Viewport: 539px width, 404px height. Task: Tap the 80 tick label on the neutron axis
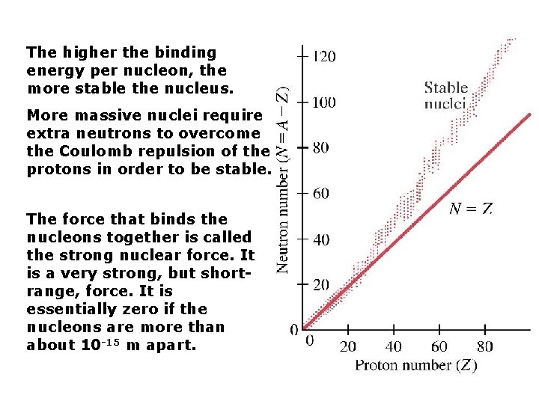point(320,148)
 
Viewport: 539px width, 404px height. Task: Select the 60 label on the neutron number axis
point(320,194)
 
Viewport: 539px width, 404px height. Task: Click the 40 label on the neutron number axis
point(320,239)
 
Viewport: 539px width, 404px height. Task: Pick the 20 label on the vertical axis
point(320,285)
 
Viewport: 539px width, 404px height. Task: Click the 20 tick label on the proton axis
point(348,346)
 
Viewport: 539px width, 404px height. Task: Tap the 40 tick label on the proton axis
point(394,346)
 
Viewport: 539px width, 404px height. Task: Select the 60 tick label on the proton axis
point(439,346)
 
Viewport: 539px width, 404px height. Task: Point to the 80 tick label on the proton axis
point(485,346)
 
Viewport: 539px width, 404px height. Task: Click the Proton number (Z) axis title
point(415,365)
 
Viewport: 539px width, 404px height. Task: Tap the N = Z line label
point(470,209)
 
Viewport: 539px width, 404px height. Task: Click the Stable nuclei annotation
point(446,96)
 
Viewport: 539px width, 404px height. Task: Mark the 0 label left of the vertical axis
point(294,329)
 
